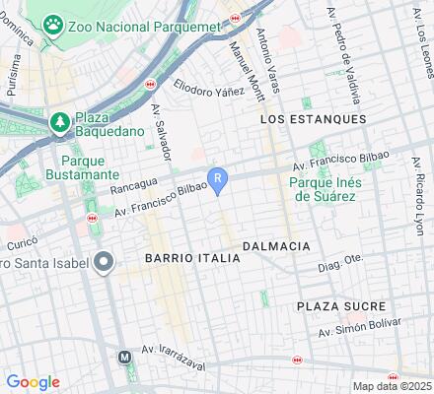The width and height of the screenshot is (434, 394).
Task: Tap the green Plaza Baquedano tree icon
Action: pyautogui.click(x=58, y=122)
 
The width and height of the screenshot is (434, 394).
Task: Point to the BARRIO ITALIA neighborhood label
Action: pyautogui.click(x=192, y=257)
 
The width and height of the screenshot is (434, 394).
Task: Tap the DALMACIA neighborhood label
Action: pyautogui.click(x=276, y=245)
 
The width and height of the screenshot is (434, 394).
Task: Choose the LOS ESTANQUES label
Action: pyautogui.click(x=313, y=118)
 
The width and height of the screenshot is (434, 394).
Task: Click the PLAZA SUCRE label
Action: pyautogui.click(x=341, y=306)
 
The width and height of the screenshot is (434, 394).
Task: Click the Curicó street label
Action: pyautogui.click(x=22, y=242)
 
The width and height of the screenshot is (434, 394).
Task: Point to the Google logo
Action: pyautogui.click(x=33, y=382)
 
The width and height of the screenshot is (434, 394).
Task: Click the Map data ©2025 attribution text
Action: pyautogui.click(x=393, y=386)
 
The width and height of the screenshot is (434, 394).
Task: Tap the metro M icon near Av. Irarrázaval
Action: pyautogui.click(x=125, y=358)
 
